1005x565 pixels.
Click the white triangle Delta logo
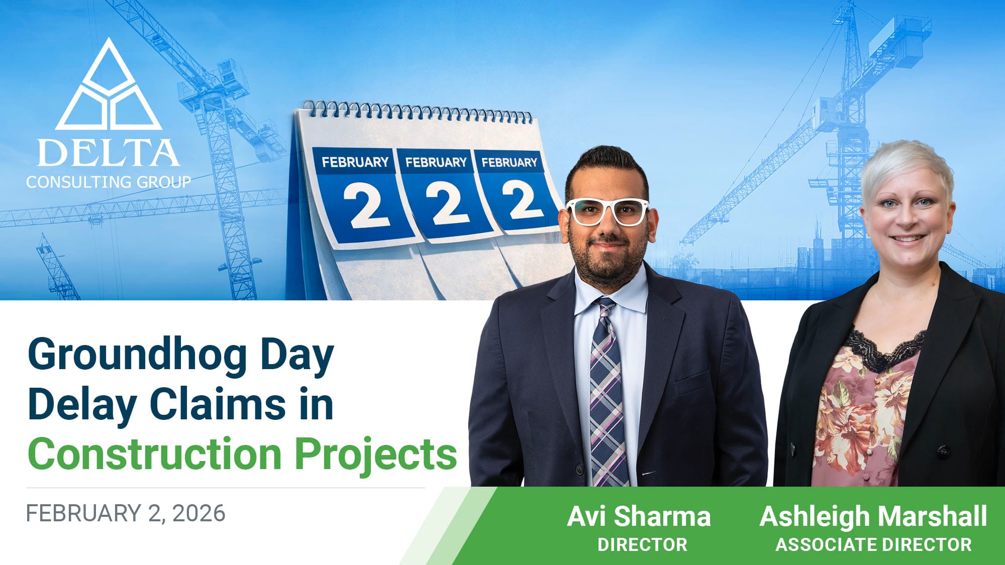tap(109, 85)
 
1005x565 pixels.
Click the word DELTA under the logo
tap(108, 153)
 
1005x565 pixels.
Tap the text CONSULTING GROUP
tap(109, 182)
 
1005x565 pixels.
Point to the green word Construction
tap(155, 454)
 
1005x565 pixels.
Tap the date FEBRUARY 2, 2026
tap(126, 513)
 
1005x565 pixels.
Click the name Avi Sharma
tap(639, 516)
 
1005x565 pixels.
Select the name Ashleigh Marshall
tap(873, 517)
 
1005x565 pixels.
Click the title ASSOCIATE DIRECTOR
tap(873, 545)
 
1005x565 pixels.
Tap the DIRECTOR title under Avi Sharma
tap(642, 545)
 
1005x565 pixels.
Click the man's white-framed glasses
tap(608, 211)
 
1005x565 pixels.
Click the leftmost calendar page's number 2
tap(366, 205)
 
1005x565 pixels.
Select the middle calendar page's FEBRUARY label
tap(436, 162)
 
